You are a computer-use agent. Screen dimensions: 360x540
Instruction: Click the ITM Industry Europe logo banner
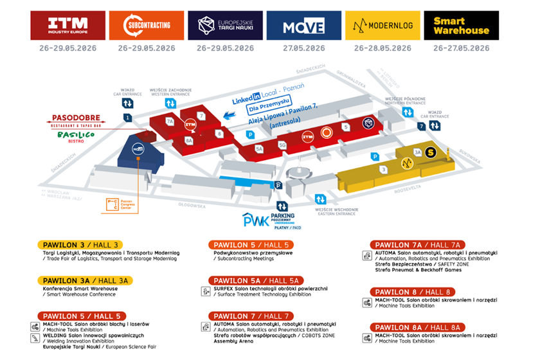[67, 25]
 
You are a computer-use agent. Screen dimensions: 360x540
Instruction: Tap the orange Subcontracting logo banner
[147, 25]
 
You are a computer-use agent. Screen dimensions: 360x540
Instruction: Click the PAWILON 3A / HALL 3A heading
[84, 280]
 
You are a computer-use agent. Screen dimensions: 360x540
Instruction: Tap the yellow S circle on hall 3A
[430, 152]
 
